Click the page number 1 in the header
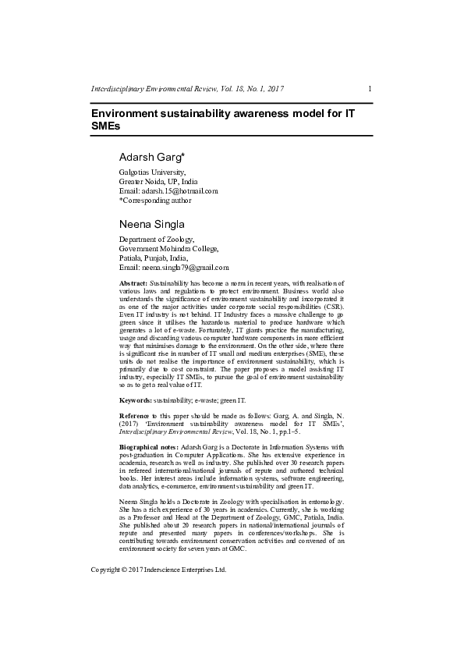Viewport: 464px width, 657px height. click(369, 89)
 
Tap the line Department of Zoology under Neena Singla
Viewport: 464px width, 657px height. click(156, 239)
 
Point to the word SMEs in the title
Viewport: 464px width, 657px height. click(106, 126)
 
